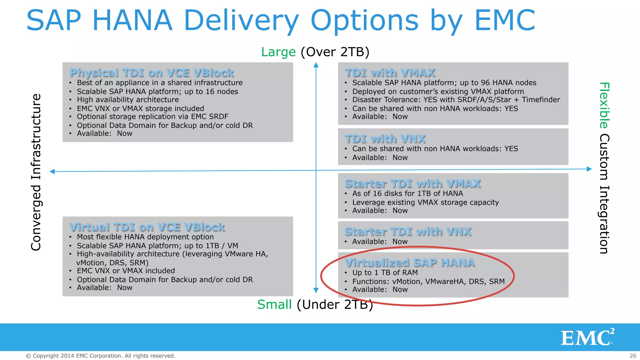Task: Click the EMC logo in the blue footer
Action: click(587, 338)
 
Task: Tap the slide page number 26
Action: click(633, 356)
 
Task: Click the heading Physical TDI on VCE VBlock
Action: click(152, 73)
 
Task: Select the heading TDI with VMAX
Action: click(390, 73)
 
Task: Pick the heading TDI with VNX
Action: click(385, 139)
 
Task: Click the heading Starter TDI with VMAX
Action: click(412, 183)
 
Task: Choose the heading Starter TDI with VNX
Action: click(408, 232)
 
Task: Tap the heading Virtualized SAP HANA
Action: click(410, 263)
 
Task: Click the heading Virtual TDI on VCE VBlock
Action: click(147, 227)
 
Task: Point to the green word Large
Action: click(278, 52)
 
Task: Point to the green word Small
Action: click(274, 304)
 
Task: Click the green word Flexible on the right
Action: click(604, 105)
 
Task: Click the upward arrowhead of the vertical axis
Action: click(316, 65)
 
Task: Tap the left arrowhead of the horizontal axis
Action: click(52, 172)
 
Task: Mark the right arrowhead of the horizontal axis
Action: click(589, 169)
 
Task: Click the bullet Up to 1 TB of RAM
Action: click(385, 273)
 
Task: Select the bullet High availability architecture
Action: click(128, 100)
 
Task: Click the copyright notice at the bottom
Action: click(100, 356)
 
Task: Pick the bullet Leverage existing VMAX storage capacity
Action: click(425, 202)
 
